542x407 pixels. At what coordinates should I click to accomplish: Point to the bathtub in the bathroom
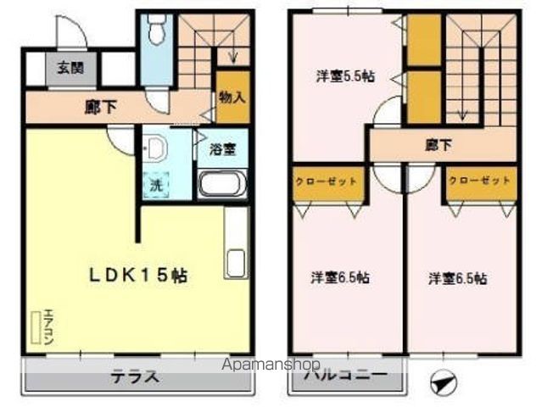[x=222, y=182]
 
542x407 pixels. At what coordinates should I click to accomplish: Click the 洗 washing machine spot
[x=156, y=181]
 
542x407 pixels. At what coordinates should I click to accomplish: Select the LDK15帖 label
[x=140, y=276]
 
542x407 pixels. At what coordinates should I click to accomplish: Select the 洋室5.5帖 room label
[x=345, y=75]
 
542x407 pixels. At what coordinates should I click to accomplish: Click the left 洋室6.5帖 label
[x=339, y=277]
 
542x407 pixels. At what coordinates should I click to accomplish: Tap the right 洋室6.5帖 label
[x=457, y=277]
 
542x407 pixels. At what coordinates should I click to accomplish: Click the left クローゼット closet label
[x=326, y=181]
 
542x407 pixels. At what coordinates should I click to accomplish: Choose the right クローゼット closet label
[x=479, y=181]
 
